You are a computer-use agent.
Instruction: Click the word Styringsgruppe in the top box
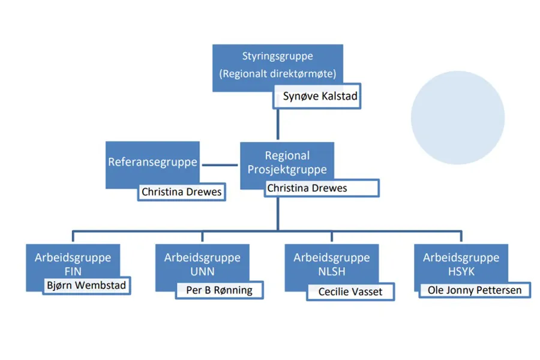pos(277,56)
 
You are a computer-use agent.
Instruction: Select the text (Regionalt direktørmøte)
pos(277,74)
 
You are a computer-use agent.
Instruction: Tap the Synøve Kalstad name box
pos(317,96)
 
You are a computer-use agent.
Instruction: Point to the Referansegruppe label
pos(152,162)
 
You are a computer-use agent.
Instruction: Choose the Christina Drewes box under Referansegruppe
pos(181,192)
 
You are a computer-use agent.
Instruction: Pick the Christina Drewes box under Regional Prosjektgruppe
pos(321,188)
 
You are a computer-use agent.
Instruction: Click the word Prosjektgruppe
pos(287,169)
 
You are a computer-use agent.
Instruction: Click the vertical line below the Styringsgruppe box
pos(277,124)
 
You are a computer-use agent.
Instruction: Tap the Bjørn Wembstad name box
pos(86,285)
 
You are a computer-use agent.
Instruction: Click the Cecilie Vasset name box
pos(350,292)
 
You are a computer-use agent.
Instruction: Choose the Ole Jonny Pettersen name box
pos(475,290)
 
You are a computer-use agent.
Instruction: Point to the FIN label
pos(73,271)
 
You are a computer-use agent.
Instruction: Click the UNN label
pos(202,272)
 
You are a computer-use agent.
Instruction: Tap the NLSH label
pos(331,272)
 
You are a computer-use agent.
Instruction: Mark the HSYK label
pos(461,272)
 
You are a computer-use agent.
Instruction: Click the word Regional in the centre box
pos(287,155)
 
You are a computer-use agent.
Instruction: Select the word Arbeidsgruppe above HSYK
pos(461,258)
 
